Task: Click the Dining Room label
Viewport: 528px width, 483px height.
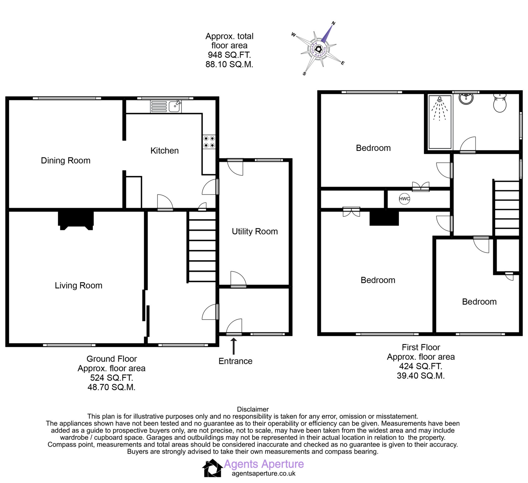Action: click(65, 161)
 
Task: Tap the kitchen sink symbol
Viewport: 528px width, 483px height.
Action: click(174, 106)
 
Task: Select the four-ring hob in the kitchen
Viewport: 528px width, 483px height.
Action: click(209, 142)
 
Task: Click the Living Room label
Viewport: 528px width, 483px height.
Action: click(78, 285)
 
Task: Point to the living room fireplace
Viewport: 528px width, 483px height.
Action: click(76, 220)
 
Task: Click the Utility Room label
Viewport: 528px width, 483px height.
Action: click(254, 231)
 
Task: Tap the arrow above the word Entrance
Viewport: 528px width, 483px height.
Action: click(234, 346)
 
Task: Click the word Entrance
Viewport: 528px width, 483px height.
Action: click(235, 361)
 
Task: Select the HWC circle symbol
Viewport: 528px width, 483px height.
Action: click(404, 199)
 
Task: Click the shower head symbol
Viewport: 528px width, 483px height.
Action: click(439, 99)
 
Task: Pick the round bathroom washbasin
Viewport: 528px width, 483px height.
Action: click(466, 99)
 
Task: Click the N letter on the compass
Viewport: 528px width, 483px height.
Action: click(333, 23)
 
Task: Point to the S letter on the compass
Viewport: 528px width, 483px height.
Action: click(304, 74)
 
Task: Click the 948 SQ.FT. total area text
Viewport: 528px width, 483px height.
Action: click(229, 55)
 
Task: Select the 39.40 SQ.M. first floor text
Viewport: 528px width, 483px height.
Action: click(421, 376)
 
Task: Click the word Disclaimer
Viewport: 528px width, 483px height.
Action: click(252, 409)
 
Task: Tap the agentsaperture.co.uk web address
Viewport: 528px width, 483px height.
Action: click(263, 474)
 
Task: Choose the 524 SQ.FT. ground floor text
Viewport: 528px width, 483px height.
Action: click(112, 378)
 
